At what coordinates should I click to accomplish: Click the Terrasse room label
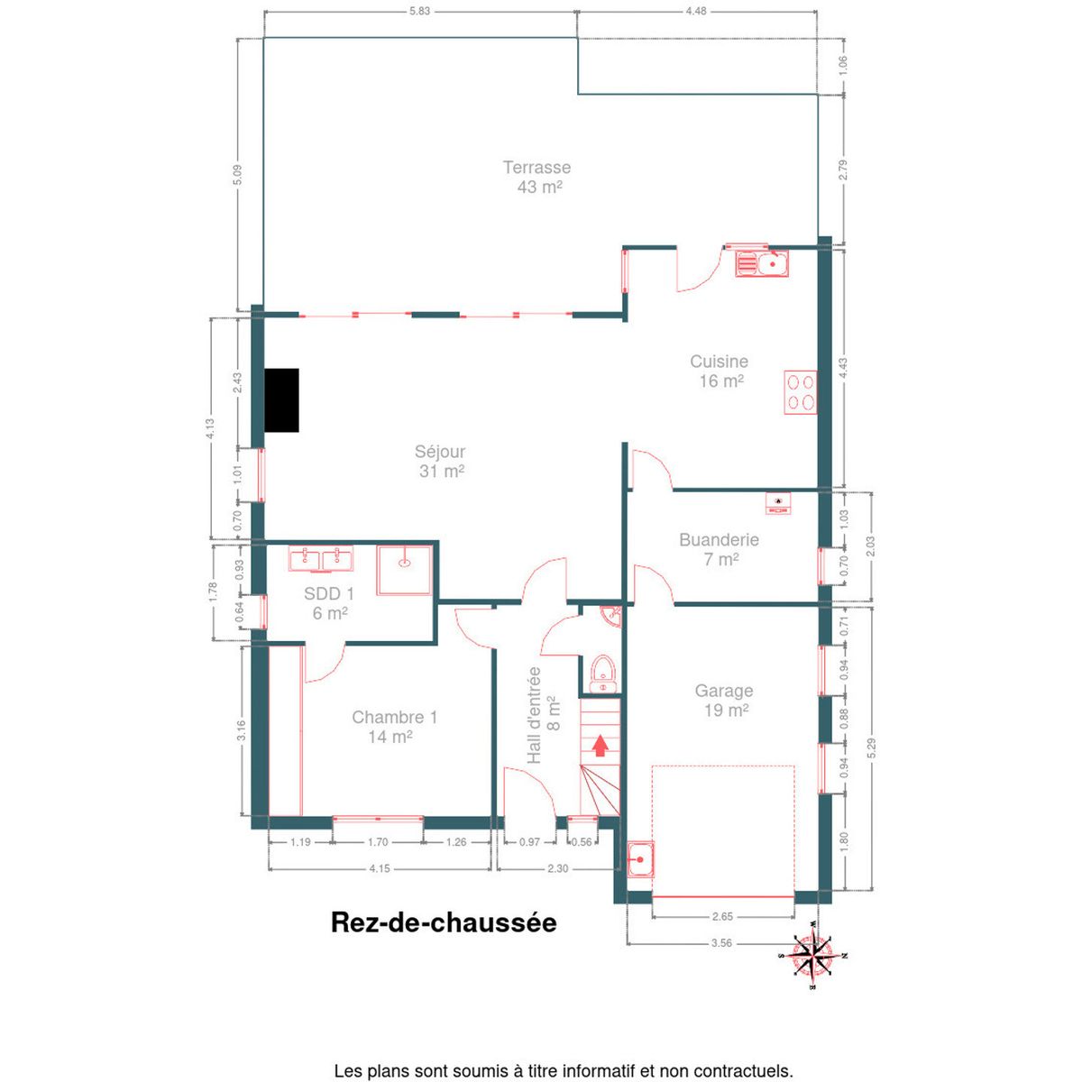click(x=536, y=177)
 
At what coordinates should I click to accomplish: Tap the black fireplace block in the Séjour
click(x=281, y=400)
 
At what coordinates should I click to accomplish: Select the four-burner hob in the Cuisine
click(x=801, y=392)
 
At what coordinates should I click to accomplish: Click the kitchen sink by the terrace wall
click(x=762, y=263)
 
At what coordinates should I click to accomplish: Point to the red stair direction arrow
click(x=601, y=746)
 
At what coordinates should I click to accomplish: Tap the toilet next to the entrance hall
click(x=603, y=674)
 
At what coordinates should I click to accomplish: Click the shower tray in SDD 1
click(x=405, y=570)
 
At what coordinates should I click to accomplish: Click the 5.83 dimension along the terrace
click(x=419, y=11)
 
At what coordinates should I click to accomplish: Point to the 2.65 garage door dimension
click(x=722, y=917)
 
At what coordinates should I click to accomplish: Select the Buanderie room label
click(x=720, y=549)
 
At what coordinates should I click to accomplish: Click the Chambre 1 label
click(x=394, y=727)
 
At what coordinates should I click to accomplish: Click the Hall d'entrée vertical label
click(x=544, y=714)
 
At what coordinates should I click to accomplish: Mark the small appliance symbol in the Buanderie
click(x=777, y=503)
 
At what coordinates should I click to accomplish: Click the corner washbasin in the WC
click(x=610, y=615)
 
